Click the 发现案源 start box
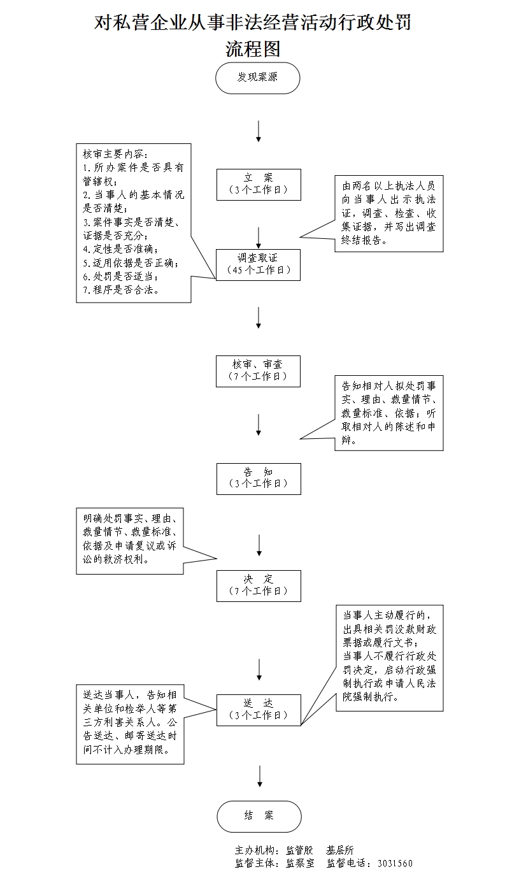(x=258, y=78)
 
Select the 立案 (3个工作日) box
(x=258, y=184)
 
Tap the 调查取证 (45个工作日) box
(x=258, y=264)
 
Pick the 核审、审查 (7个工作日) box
(x=258, y=370)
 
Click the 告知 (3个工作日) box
(x=258, y=478)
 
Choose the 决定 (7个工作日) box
(x=258, y=585)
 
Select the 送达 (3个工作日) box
(x=258, y=709)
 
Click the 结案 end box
(x=259, y=816)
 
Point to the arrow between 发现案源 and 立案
(x=258, y=131)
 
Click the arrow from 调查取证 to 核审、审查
(x=258, y=317)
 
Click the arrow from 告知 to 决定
(x=259, y=545)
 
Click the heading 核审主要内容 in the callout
(x=115, y=154)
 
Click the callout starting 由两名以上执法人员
(x=388, y=213)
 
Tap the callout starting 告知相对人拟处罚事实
(x=388, y=413)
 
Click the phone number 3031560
(x=395, y=864)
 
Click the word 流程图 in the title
(x=253, y=49)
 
